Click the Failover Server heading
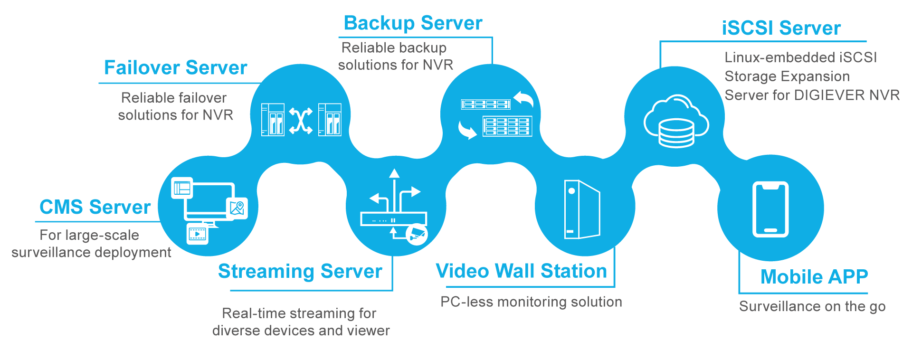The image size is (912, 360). coord(175,68)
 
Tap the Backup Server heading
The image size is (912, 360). coord(413,23)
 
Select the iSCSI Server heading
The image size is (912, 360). coord(781,28)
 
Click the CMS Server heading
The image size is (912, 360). coord(95,207)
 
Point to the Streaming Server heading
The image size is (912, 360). coord(300,271)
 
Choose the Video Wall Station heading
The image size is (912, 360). coord(521,271)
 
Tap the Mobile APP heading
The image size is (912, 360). coord(814,276)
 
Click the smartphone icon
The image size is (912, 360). coord(770,209)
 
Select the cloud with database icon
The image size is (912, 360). coord(676,121)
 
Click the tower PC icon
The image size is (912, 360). coord(582,209)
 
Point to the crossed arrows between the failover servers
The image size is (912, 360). coord(301,121)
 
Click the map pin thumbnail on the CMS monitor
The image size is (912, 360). coord(237,208)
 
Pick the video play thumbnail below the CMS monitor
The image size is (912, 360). coord(198,233)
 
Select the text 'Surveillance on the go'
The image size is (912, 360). coord(812,306)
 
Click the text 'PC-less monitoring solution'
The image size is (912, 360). coord(531,302)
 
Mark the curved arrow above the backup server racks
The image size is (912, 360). coord(523,98)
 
